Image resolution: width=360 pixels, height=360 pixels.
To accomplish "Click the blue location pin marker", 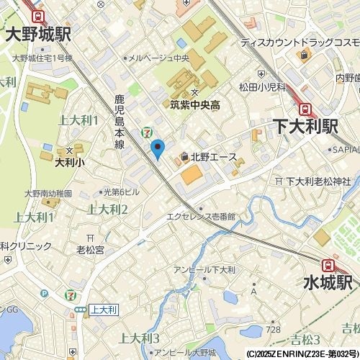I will tap(158, 149).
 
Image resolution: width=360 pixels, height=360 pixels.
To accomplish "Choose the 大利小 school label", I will tap(69, 163).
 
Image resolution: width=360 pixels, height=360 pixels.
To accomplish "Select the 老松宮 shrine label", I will tap(91, 250).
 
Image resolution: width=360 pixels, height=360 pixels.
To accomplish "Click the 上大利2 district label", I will tap(107, 210).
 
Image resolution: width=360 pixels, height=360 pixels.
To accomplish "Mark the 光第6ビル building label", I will tap(120, 192).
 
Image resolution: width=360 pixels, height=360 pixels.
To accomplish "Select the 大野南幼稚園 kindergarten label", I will tap(48, 193).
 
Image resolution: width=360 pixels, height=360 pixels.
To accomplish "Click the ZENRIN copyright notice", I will tap(302, 354).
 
